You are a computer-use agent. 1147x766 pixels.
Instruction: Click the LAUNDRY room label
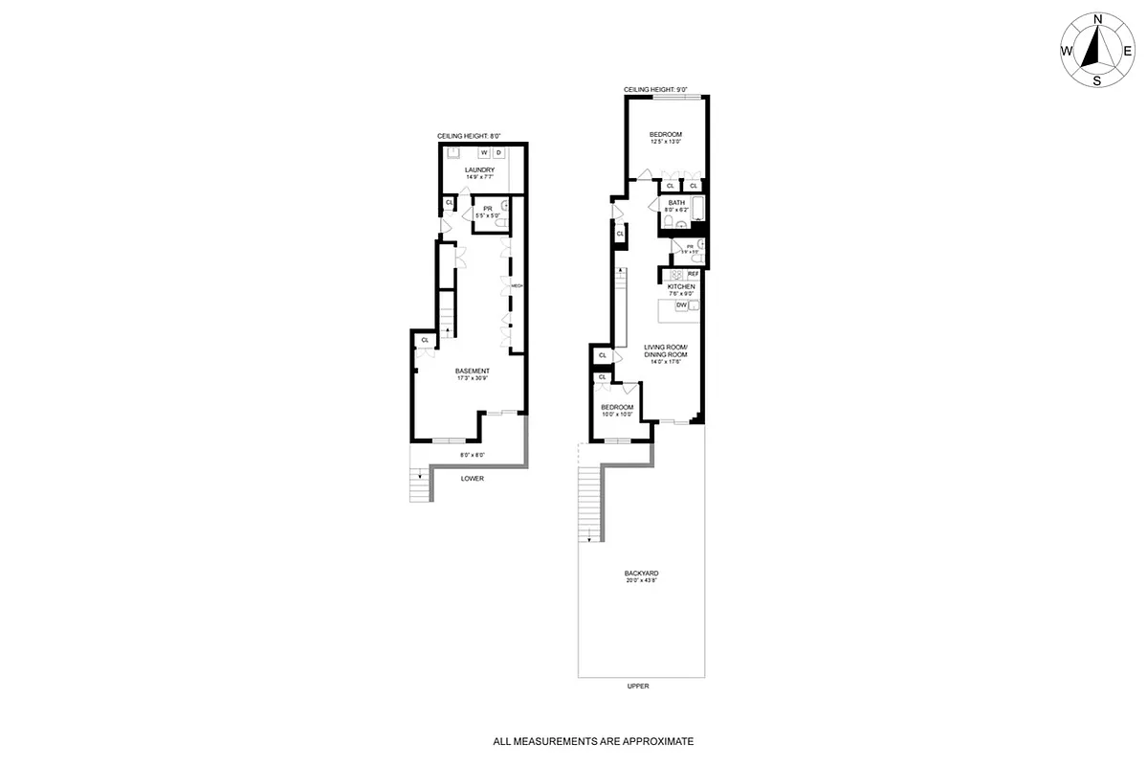click(479, 169)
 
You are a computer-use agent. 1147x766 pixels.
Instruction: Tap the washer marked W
click(484, 152)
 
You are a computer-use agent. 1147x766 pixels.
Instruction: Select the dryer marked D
click(498, 152)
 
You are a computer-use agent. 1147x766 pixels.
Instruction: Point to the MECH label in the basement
click(516, 285)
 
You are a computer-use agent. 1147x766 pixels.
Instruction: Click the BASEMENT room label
click(473, 371)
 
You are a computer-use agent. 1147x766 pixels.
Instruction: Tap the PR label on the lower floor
click(487, 208)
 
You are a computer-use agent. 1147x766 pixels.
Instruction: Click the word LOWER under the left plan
click(472, 478)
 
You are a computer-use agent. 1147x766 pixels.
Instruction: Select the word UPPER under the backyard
click(638, 687)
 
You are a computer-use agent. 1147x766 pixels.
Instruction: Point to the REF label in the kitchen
click(693, 274)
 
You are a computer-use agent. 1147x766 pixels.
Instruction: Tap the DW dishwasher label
click(681, 304)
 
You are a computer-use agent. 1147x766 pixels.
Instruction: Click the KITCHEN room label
click(681, 286)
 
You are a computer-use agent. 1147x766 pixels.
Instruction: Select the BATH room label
click(676, 202)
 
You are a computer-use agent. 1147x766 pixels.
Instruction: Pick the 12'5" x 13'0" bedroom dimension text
click(665, 142)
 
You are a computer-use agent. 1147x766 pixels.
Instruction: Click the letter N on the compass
click(1098, 19)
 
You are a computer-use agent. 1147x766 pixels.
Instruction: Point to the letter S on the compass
click(1097, 80)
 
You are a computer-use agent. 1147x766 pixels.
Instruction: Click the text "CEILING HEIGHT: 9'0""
click(656, 90)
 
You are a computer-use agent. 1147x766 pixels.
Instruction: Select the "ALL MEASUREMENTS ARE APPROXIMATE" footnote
click(592, 741)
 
